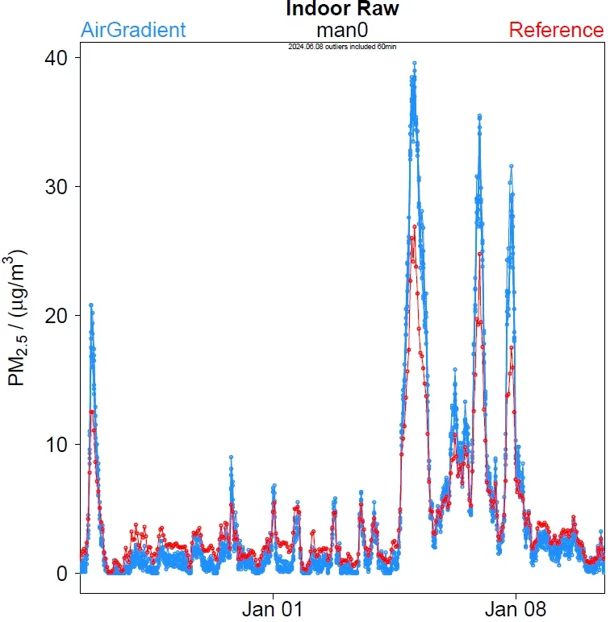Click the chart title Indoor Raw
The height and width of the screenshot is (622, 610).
(342, 10)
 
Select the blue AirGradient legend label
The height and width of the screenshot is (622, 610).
(133, 31)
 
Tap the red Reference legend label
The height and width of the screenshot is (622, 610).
(556, 31)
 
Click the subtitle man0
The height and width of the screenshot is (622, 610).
(342, 31)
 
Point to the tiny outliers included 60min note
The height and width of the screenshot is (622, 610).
(342, 47)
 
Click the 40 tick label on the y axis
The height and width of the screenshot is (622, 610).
(56, 58)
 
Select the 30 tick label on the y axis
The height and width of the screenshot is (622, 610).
(56, 187)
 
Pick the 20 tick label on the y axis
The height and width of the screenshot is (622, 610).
(56, 316)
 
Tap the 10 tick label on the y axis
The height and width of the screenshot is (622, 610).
(56, 445)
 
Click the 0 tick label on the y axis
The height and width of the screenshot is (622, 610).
(62, 574)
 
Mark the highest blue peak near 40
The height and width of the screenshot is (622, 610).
(414, 63)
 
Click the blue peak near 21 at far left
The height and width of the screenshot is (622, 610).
(91, 305)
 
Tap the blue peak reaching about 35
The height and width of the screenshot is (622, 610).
(479, 117)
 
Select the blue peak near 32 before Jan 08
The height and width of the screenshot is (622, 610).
(511, 166)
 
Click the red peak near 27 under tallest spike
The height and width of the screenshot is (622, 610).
(414, 227)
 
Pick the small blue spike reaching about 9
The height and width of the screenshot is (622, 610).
(231, 458)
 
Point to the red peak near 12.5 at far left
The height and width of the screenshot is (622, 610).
(92, 412)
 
